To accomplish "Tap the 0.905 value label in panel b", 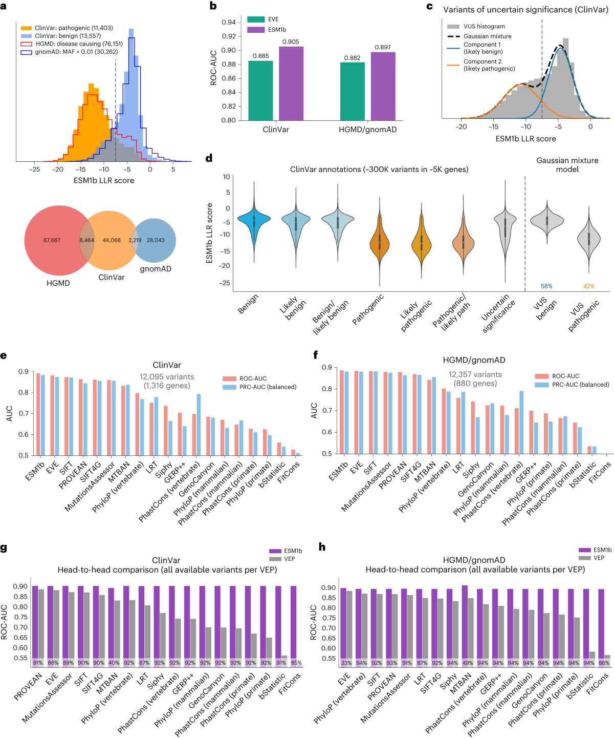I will (291, 42).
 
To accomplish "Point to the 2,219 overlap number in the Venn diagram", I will (135, 240).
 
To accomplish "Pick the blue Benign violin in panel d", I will (253, 220).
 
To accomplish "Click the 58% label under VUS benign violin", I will (546, 286).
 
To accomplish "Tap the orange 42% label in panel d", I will (589, 286).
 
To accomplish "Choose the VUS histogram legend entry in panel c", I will (484, 27).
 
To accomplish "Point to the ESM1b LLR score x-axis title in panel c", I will (525, 139).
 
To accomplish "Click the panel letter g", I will (4, 548).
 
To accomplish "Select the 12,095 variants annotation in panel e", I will (167, 377).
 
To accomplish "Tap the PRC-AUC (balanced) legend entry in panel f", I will (580, 385).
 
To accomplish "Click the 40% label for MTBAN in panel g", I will (114, 663).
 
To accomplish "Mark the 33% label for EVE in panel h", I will (346, 663).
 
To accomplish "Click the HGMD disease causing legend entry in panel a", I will (79, 44).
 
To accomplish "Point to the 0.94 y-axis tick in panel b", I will (229, 22).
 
